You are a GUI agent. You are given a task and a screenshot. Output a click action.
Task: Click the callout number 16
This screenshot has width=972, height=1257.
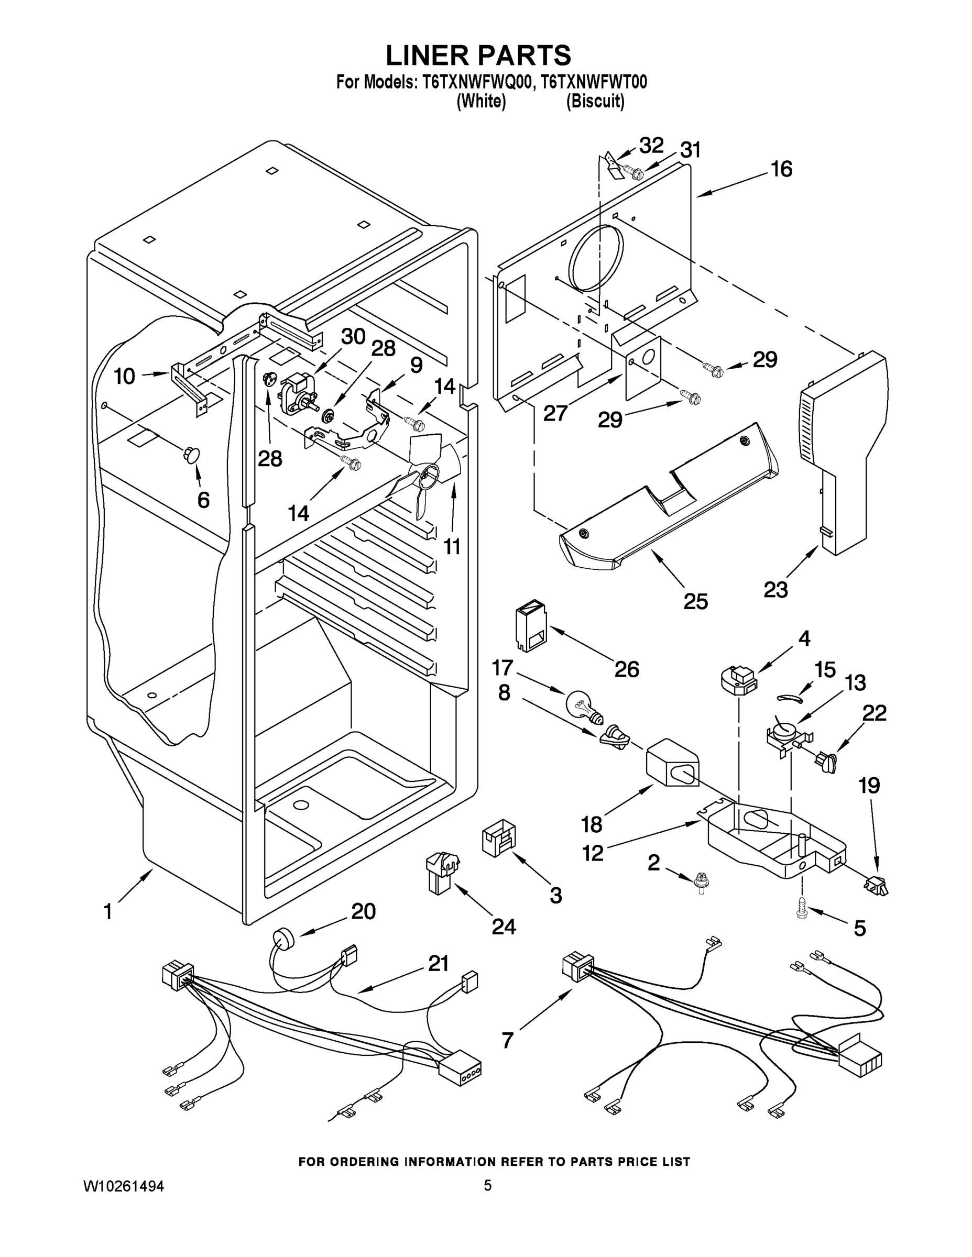coord(781,169)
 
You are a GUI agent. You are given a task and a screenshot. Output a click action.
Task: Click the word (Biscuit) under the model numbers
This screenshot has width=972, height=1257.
coord(595,102)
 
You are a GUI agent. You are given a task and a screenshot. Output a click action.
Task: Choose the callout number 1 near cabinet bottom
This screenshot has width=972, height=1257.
coord(108,912)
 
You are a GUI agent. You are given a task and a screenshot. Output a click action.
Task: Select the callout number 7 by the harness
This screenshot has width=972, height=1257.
coord(507,1040)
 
